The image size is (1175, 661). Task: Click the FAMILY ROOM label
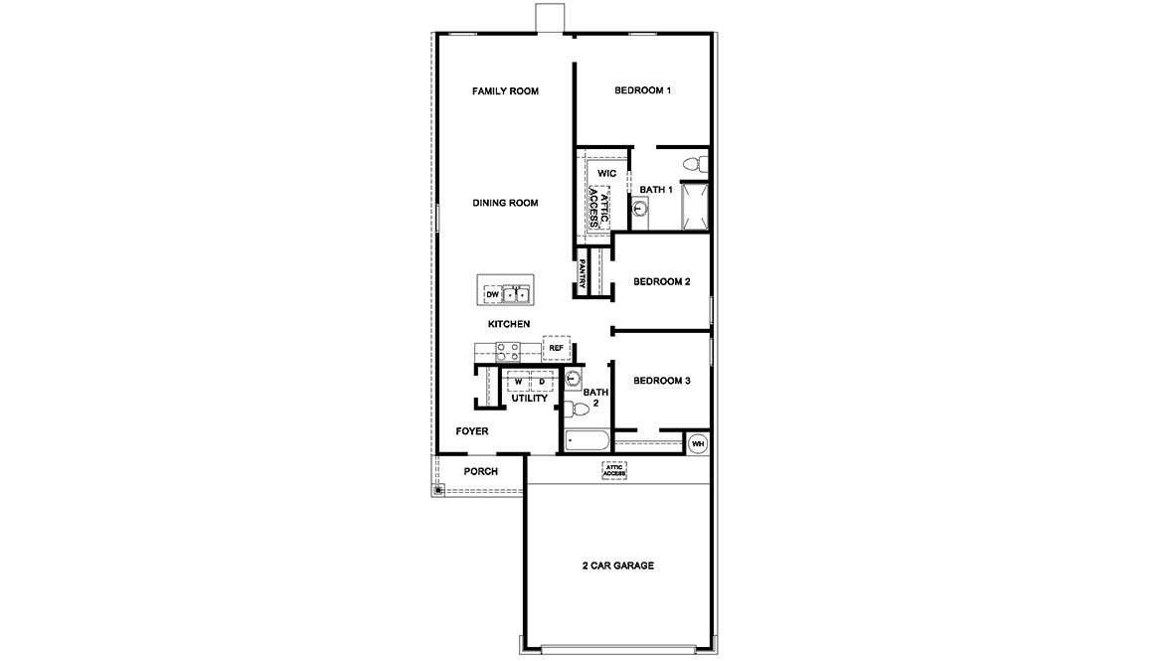point(505,91)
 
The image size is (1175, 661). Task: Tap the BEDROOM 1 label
point(642,91)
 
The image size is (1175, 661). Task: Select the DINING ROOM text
point(505,203)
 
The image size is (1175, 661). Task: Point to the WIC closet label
point(606,174)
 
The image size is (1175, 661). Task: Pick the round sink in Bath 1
point(640,209)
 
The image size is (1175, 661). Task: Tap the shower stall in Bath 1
point(693,206)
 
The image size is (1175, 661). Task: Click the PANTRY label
point(583,274)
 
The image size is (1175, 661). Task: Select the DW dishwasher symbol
point(492,295)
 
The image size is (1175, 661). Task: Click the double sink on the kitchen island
point(517,295)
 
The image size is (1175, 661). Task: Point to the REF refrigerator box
point(556,348)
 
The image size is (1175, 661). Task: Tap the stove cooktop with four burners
point(508,351)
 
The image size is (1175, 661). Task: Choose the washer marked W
point(519,382)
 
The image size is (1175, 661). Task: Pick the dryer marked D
point(542,382)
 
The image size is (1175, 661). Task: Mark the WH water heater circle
point(698,443)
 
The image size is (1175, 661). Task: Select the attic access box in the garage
point(614,471)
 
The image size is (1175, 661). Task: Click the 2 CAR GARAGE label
point(618,566)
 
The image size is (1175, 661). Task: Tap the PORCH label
point(481,471)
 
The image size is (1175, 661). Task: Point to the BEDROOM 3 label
point(662,381)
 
